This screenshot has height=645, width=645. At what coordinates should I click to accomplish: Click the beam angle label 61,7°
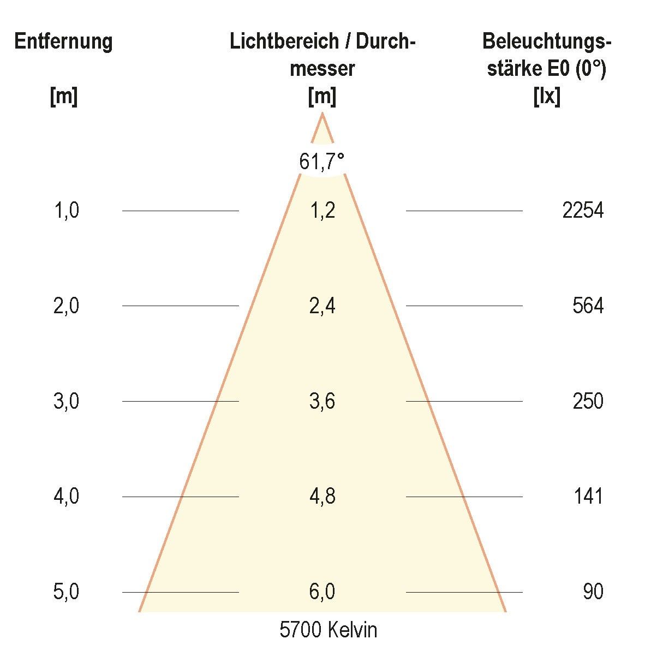[322, 162]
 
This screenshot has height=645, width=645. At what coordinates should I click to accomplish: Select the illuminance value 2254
[583, 210]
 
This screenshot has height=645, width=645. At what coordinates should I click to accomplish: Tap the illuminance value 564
[588, 306]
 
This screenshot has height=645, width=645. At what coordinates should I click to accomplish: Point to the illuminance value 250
[588, 401]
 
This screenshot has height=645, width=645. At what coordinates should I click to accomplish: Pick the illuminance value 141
[588, 497]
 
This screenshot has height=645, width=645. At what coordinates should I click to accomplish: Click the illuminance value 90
[593, 592]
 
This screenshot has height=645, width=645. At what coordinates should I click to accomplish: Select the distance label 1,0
[66, 210]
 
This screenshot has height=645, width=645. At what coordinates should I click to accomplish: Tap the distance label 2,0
[66, 306]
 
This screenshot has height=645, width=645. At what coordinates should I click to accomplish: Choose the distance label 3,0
[66, 401]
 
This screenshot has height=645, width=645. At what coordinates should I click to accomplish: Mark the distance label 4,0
[66, 497]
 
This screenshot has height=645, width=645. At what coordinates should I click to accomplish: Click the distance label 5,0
[66, 592]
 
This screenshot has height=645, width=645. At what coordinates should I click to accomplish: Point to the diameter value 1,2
[322, 210]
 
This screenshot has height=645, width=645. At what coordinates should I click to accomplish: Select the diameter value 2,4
[322, 306]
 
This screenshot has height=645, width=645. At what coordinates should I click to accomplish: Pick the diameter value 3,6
[322, 401]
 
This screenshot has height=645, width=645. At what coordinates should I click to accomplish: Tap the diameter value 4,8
[322, 497]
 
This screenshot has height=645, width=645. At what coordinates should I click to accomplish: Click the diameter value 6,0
[322, 592]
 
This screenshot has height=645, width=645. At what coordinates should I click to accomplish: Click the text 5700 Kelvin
[328, 630]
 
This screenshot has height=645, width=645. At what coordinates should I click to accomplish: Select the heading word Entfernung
[63, 41]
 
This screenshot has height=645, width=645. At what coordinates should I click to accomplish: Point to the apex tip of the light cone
[322, 114]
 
